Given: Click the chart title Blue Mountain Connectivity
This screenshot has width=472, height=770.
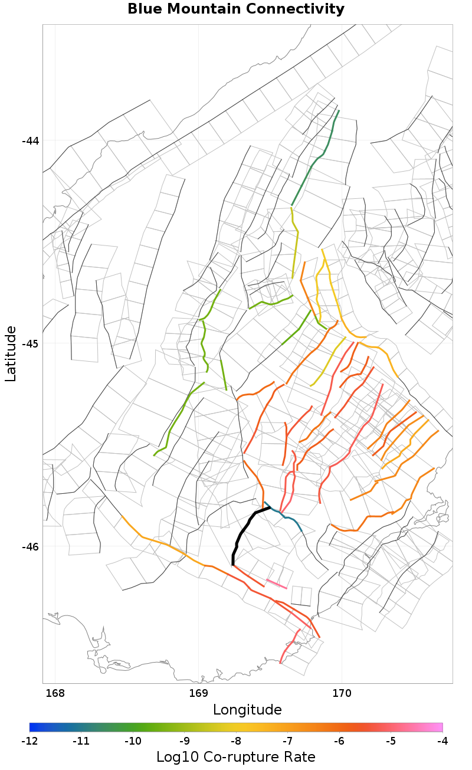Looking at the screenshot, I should (x=236, y=9).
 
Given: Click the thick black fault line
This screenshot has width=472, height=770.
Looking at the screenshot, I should (x=242, y=532).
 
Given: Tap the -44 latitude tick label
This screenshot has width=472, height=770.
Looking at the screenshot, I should (x=30, y=140).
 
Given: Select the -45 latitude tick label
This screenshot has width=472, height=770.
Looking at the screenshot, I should (x=30, y=343).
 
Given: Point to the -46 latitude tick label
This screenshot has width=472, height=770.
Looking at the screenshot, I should (x=30, y=546).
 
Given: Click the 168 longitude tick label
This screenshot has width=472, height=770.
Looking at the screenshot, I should (x=55, y=693).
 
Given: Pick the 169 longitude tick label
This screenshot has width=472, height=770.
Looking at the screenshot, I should (x=198, y=693).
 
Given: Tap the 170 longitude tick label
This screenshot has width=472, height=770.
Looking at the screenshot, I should (x=342, y=693).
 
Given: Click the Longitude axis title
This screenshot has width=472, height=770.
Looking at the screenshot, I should (x=247, y=709).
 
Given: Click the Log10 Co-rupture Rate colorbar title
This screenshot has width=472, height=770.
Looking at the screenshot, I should (x=236, y=757).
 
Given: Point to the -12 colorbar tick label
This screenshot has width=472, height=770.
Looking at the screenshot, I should (x=29, y=740).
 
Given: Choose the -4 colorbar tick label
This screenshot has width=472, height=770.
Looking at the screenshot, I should (x=442, y=740).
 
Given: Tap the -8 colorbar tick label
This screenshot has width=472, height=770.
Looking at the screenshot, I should (x=236, y=740).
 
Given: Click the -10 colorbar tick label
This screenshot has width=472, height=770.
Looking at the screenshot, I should (x=133, y=740).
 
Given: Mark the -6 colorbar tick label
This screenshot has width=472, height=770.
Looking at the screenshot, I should (x=339, y=740).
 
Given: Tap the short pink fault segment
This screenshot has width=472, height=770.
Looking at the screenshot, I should (x=277, y=584).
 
